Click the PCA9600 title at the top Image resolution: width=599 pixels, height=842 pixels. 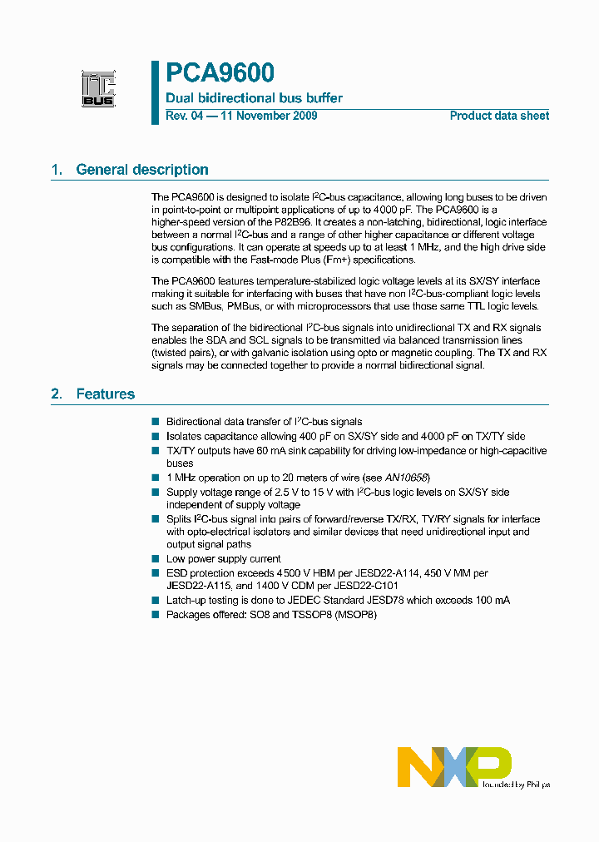pyautogui.click(x=220, y=74)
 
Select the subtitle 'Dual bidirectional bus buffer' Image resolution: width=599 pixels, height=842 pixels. pyautogui.click(x=254, y=98)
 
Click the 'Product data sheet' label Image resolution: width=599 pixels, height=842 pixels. pyautogui.click(x=499, y=116)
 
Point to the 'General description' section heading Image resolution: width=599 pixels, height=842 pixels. pyautogui.click(x=142, y=170)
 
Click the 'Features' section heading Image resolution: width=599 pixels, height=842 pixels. pyautogui.click(x=105, y=394)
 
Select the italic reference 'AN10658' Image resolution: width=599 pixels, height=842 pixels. pyautogui.click(x=408, y=478)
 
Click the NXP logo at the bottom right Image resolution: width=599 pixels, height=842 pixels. pyautogui.click(x=453, y=766)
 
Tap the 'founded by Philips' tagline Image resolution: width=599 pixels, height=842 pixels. pyautogui.click(x=516, y=784)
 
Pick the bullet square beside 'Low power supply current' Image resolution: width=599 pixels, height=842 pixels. pyautogui.click(x=155, y=559)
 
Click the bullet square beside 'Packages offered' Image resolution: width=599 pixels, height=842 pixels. pyautogui.click(x=155, y=615)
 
